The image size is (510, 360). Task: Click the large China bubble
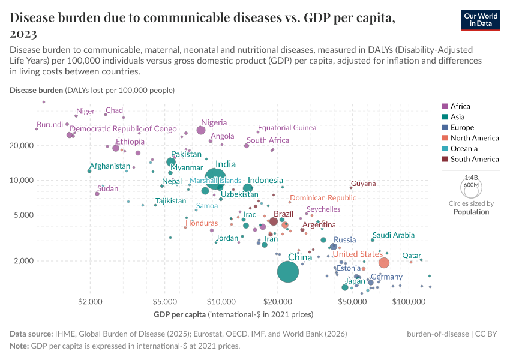tap(288, 272)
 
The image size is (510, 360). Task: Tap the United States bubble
tap(384, 263)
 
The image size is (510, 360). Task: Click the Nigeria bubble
tap(201, 130)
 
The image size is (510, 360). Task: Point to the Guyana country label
tap(363, 184)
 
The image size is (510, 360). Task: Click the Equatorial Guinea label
tap(287, 128)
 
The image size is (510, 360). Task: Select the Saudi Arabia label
tap(393, 236)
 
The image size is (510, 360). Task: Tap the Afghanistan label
tap(110, 166)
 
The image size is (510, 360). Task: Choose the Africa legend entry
tap(460, 106)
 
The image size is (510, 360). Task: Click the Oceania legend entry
tap(464, 149)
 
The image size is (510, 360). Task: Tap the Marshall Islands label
tap(215, 180)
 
